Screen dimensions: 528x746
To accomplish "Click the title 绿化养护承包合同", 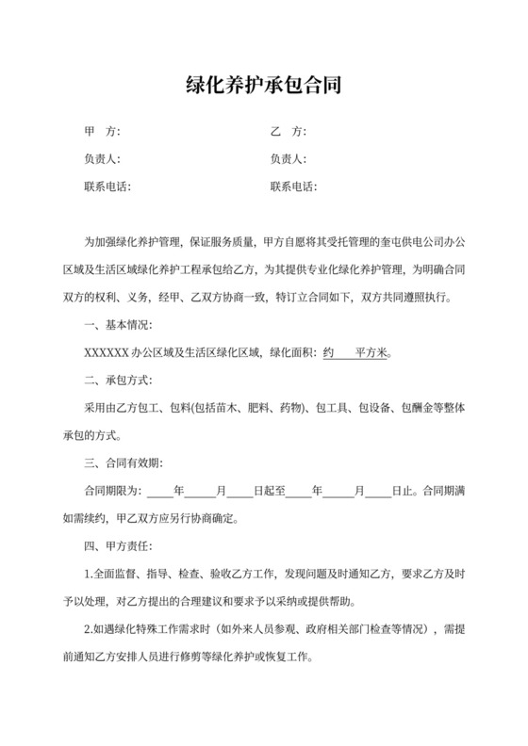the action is [263, 87].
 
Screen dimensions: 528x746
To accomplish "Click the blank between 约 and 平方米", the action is [345, 354].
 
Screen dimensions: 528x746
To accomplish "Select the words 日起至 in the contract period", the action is [267, 491].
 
